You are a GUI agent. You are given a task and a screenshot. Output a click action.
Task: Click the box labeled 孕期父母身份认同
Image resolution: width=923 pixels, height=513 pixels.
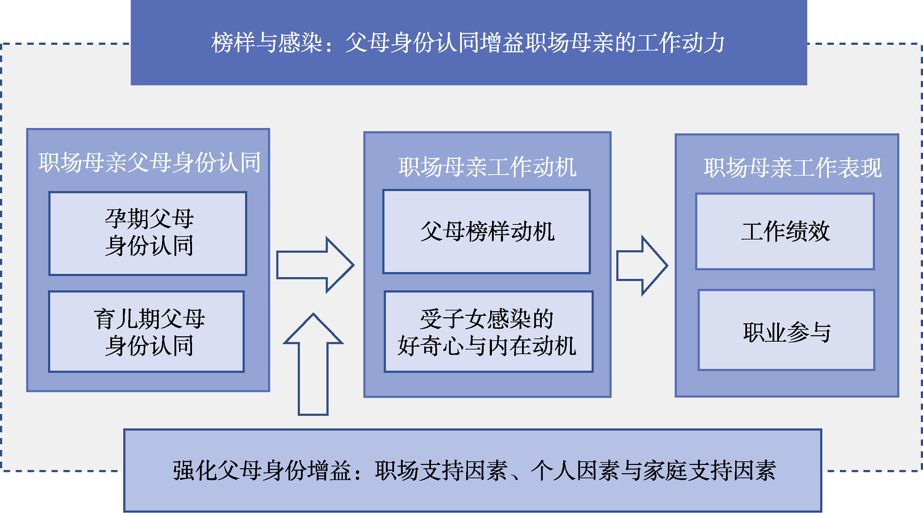(x=148, y=233)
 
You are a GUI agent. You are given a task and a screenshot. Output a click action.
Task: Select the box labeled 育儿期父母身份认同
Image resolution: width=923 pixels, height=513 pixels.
(x=147, y=332)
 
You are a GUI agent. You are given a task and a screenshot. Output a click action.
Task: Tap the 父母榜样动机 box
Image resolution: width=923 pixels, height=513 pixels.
(x=486, y=231)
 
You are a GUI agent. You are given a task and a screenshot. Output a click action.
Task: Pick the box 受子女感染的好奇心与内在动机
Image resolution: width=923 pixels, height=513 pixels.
(x=488, y=332)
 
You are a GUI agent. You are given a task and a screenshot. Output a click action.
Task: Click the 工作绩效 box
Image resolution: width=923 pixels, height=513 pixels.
(x=785, y=231)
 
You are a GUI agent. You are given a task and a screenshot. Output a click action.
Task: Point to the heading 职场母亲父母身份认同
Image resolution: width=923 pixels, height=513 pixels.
(x=150, y=163)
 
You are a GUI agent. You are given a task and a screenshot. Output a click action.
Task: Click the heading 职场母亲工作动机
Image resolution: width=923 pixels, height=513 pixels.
(x=487, y=167)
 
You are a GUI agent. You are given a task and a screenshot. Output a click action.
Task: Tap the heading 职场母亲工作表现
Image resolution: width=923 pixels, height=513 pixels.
(x=792, y=167)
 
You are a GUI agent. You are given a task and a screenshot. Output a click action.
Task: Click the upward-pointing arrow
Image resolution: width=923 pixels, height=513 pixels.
(x=313, y=365)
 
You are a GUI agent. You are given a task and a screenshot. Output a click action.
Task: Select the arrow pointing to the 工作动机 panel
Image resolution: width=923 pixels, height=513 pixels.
(x=315, y=265)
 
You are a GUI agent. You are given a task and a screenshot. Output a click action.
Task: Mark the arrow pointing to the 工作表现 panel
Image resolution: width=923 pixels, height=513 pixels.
(x=641, y=266)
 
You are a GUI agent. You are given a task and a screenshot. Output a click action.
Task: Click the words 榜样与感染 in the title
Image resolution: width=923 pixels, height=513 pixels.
(x=267, y=43)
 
